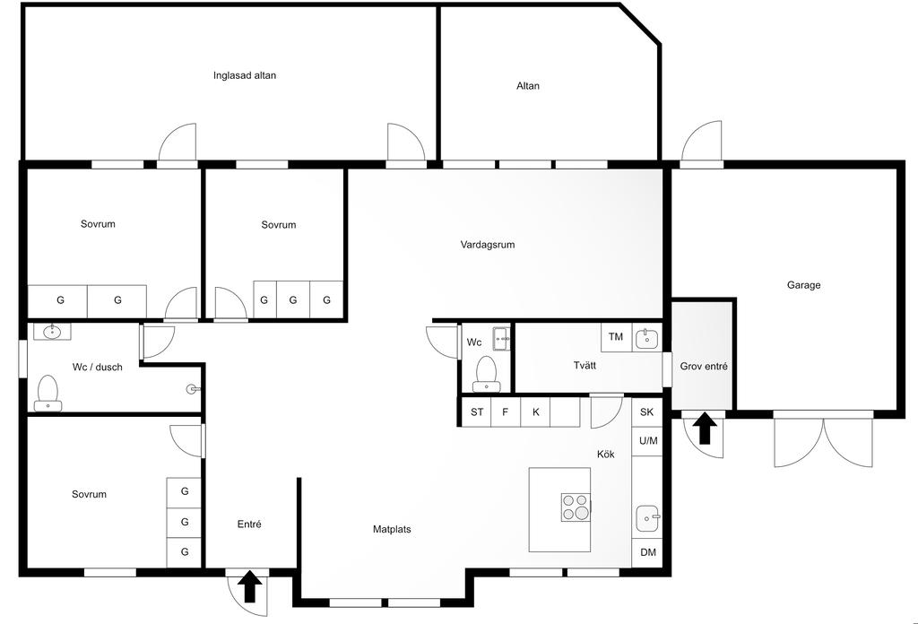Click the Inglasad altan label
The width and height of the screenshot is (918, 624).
(x=244, y=75)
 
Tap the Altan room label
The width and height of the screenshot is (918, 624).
(x=527, y=86)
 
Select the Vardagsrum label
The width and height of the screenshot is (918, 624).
(x=487, y=245)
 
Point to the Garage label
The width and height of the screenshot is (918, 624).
(x=803, y=285)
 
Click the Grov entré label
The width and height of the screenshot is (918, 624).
(x=704, y=367)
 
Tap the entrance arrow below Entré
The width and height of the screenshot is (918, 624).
(x=250, y=586)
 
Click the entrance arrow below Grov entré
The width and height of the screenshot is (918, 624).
(x=705, y=428)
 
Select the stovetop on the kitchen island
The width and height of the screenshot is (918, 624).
(x=575, y=507)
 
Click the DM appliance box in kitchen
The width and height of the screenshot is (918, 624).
(x=647, y=552)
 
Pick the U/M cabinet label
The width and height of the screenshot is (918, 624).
(x=647, y=441)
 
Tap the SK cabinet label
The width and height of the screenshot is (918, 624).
(x=647, y=412)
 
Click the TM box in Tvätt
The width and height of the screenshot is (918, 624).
(x=616, y=337)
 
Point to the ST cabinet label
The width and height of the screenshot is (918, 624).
(x=477, y=412)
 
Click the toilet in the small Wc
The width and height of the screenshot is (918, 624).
(x=486, y=374)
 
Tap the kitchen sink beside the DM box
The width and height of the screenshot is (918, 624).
(x=647, y=518)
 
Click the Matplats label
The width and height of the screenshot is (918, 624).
(x=392, y=529)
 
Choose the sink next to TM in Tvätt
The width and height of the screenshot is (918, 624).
(x=647, y=339)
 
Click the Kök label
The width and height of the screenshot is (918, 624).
(x=606, y=455)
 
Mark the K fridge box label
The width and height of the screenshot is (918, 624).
(x=536, y=412)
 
